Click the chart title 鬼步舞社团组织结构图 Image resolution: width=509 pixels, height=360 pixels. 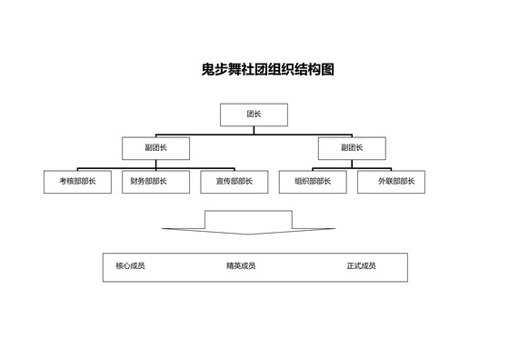267,69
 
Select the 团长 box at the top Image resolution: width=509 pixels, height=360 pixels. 254,115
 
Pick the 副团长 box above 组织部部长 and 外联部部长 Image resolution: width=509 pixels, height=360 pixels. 351,148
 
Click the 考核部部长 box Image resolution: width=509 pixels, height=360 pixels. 77,182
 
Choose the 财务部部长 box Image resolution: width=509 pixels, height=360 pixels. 155,182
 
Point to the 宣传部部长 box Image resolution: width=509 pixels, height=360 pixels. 235,182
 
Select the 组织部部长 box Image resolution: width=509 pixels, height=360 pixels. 313,182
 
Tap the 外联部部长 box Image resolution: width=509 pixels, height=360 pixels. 391,182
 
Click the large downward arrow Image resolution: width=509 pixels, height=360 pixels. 247,224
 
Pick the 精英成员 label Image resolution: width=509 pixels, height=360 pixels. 241,266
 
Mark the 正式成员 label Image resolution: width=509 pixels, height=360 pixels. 361,266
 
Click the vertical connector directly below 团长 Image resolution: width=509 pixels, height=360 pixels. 254,130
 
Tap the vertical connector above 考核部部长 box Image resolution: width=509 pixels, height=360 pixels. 77,169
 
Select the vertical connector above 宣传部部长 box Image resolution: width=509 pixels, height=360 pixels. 235,169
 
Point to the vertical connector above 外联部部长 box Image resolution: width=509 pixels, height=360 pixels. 391,169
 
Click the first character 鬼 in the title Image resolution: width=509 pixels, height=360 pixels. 208,69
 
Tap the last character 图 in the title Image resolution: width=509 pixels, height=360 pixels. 327,69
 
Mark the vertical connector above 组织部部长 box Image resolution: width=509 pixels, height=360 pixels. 313,169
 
